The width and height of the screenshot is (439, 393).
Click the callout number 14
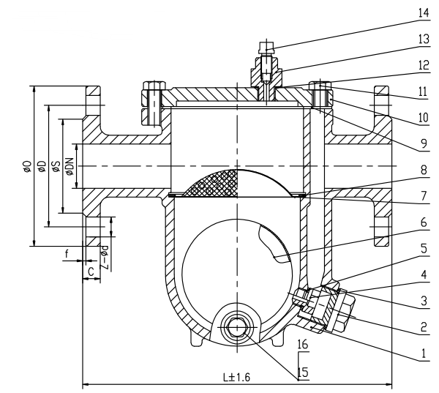pos(424,13)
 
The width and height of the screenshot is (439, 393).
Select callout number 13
pos(424,39)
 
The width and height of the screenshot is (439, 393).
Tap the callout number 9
pos(424,143)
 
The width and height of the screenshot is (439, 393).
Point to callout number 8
pos(424,170)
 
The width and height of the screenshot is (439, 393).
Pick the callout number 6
pos(424,222)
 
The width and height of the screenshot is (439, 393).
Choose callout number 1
pos(424,353)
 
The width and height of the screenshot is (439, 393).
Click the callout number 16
pos(303,344)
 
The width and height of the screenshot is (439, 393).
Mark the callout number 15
pos(303,373)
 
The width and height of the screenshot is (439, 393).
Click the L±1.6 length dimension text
pos(236,378)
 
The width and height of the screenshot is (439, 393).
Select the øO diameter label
pos(27,166)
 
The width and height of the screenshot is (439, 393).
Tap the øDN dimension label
pos(70,167)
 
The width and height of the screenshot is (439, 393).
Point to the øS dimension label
pos(56,166)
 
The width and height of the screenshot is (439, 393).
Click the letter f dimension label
pos(67,254)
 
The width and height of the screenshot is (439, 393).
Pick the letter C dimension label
pos(91,272)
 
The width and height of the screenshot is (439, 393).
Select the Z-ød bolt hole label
pos(105,257)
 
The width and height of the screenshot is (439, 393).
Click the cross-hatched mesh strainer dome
pos(211,184)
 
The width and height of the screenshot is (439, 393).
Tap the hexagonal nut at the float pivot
pos(237,327)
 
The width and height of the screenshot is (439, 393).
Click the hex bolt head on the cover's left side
pos(154,86)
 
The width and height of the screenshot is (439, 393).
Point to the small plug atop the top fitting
pos(266,48)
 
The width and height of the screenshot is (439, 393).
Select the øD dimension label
pos(42,166)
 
